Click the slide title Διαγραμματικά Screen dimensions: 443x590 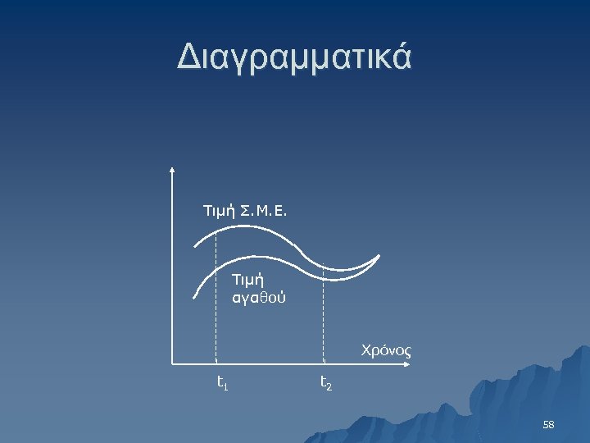coord(294,58)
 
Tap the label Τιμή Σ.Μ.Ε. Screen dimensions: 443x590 coord(245,212)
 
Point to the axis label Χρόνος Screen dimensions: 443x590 coord(386,350)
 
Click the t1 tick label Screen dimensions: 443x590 coord(221,381)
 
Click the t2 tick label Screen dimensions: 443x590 coord(325,381)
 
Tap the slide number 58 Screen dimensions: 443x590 coord(548,424)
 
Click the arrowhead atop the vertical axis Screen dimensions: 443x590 coord(173,170)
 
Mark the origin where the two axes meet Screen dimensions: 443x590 coord(173,362)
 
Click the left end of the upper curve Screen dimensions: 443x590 coord(195,246)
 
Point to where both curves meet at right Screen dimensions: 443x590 coord(379,256)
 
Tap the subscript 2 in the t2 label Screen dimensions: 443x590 coord(329,385)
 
